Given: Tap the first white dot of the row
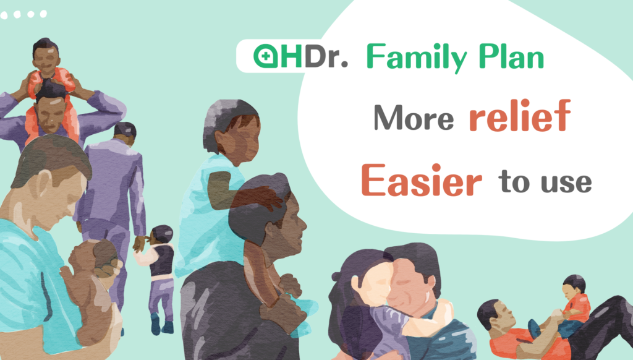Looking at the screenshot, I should pyautogui.click(x=5, y=14).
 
